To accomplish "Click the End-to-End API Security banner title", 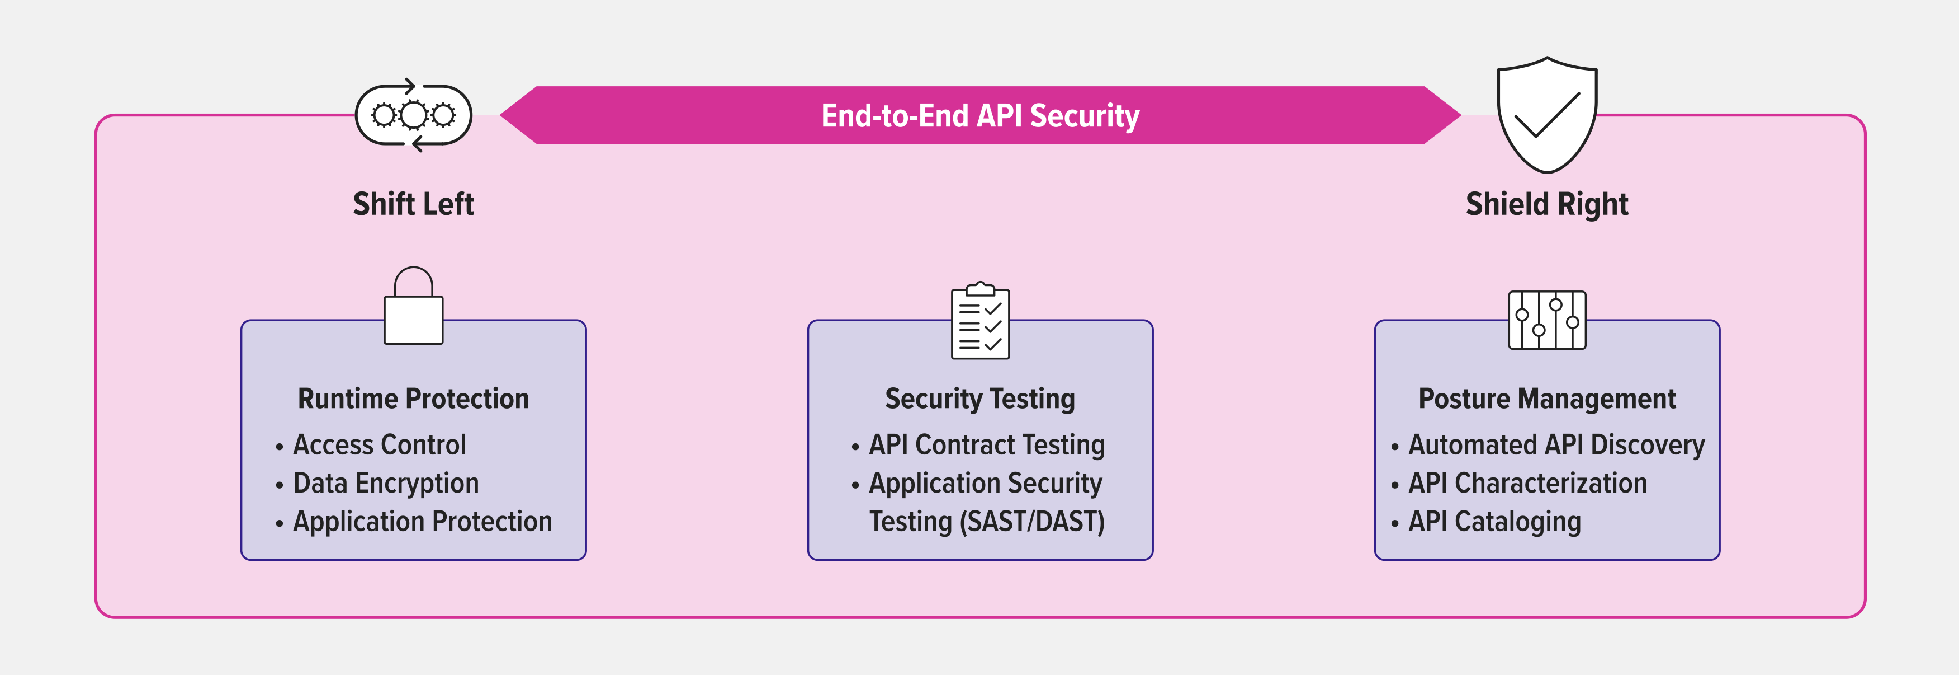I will pos(979,116).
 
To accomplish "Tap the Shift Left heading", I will pos(413,204).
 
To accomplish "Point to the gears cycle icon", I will pos(413,115).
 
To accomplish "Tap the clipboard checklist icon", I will pos(979,322).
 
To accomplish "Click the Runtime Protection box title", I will pos(413,399).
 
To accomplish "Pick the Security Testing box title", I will pos(979,399).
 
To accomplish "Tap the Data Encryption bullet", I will pos(386,483).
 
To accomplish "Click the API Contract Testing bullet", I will pos(986,445).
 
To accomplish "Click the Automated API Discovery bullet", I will pos(1556,445).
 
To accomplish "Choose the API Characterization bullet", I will pos(1527,483).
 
